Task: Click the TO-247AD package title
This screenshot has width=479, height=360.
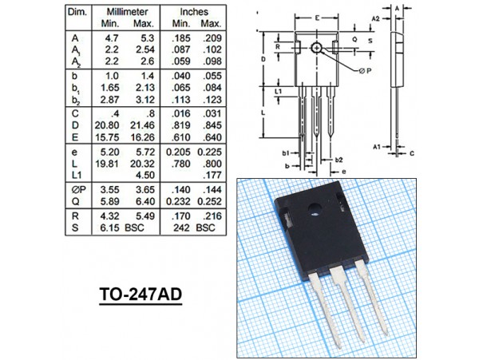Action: pos(141,295)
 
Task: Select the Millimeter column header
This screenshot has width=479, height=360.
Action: pos(127,12)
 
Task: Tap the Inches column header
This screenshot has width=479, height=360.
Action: pos(194,12)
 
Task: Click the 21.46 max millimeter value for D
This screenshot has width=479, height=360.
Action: pos(143,125)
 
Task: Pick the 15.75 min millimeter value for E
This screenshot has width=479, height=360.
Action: pos(107,137)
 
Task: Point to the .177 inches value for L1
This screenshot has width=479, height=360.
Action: pos(212,175)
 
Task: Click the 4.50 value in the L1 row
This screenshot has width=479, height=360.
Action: pos(145,175)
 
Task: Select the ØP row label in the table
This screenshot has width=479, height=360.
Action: pos(79,190)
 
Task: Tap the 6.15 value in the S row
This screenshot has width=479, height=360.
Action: pos(109,227)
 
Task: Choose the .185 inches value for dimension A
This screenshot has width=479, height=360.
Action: pos(181,38)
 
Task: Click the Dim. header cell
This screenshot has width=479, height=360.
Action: pos(77,12)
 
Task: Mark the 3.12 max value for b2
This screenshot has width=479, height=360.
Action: pos(145,100)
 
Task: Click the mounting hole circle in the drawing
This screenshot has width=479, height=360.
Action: pos(317,48)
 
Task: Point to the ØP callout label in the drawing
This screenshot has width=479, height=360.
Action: pos(365,71)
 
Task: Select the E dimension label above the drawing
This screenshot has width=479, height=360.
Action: pos(317,18)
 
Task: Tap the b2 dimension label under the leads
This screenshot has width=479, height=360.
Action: pos(338,160)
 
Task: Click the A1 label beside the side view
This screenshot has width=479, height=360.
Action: pos(377,147)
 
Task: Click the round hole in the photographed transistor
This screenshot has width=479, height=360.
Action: pos(315,210)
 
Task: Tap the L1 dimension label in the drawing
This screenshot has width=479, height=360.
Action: pos(279,91)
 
